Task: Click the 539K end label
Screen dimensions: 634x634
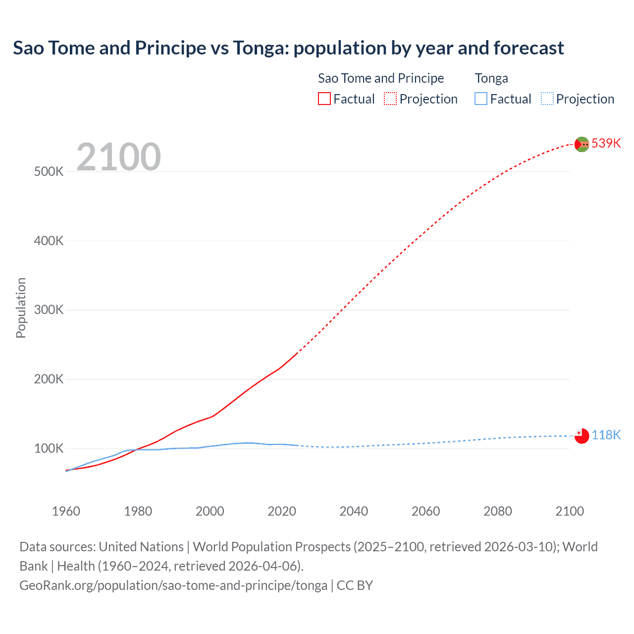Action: click(606, 143)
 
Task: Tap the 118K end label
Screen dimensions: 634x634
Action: click(606, 435)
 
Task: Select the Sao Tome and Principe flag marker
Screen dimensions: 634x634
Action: click(581, 144)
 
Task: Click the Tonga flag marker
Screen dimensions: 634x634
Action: click(581, 436)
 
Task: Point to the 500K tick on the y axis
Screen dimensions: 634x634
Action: click(49, 172)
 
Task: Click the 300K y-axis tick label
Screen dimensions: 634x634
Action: click(49, 310)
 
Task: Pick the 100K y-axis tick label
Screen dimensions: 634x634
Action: click(49, 449)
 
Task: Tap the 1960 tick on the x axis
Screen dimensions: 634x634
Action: click(66, 511)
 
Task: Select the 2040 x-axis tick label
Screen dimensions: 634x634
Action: click(354, 511)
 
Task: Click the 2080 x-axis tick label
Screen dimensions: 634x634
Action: click(497, 511)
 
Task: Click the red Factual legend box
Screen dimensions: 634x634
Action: click(324, 99)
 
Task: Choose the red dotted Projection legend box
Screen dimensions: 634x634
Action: click(390, 99)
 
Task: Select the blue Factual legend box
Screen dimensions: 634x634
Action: click(481, 99)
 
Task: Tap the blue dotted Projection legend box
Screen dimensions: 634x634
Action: click(547, 99)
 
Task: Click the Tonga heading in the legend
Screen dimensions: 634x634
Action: click(491, 78)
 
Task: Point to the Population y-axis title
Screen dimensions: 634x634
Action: click(21, 308)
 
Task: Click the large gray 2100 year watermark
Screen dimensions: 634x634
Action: click(118, 157)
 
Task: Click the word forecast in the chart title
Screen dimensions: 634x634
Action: click(528, 48)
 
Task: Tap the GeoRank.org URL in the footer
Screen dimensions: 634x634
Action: click(173, 585)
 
